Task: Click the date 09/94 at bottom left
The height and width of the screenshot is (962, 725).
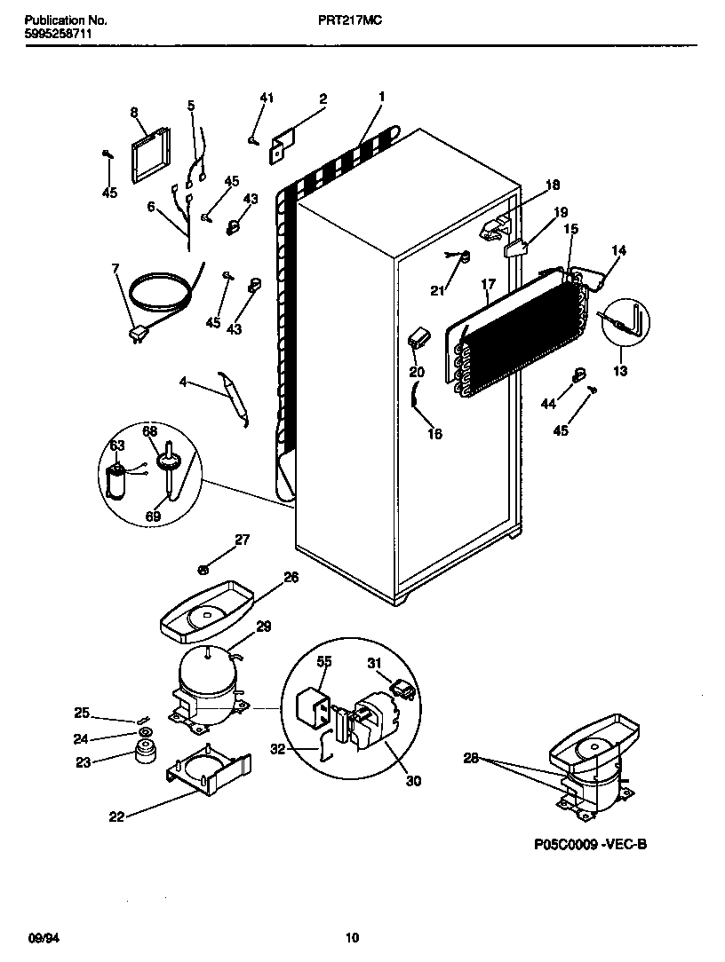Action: pos(44,937)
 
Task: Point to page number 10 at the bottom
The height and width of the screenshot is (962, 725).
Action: pos(352,937)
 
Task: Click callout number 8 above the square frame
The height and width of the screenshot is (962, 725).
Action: pos(134,113)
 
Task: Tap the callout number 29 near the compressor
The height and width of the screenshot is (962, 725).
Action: pos(263,627)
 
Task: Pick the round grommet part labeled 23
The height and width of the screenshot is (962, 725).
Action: pos(141,755)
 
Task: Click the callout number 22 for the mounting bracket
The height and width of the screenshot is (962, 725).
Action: pos(116,817)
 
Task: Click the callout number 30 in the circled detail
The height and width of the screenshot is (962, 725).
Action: pos(412,781)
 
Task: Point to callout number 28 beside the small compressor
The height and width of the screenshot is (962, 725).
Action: pos(471,757)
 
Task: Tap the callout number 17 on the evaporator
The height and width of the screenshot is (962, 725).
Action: pos(488,285)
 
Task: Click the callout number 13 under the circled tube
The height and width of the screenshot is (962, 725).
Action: pos(620,371)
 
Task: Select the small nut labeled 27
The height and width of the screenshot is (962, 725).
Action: pos(203,568)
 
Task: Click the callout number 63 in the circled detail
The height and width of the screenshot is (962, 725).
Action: pos(116,445)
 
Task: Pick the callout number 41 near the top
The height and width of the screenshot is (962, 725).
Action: pos(267,98)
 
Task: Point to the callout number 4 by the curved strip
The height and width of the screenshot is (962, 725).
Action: pos(183,382)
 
